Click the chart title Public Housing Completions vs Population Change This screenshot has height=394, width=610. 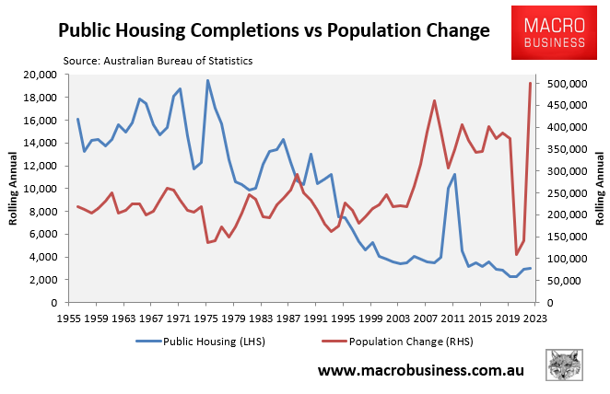274,30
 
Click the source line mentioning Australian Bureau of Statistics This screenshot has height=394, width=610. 158,61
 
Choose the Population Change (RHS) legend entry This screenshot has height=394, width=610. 399,342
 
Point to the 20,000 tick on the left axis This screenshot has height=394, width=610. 40,75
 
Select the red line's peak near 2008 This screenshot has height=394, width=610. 434,100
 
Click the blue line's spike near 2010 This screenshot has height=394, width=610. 454,174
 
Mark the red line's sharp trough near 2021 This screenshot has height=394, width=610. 516,255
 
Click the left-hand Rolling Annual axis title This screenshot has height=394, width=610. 15,189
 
